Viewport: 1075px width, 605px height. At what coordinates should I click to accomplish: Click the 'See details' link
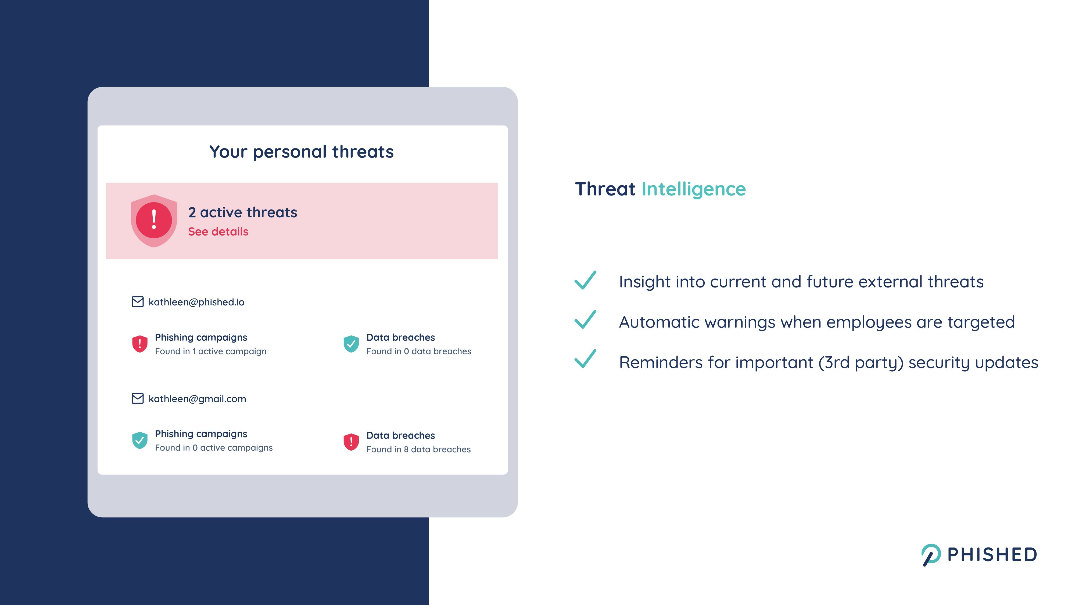(218, 232)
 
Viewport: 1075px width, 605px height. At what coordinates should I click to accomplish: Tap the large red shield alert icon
(154, 220)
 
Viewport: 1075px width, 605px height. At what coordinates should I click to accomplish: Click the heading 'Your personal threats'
(301, 152)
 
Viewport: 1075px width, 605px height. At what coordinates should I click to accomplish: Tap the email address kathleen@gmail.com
(197, 399)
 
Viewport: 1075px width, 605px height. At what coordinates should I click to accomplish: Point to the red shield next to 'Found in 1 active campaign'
(140, 344)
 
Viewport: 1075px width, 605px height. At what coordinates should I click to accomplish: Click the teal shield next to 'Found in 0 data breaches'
(351, 344)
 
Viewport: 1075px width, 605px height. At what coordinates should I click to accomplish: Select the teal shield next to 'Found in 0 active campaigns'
(140, 440)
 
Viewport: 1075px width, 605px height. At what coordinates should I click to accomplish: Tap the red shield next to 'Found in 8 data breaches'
(351, 442)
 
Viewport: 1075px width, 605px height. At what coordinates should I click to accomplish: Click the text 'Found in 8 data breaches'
(418, 449)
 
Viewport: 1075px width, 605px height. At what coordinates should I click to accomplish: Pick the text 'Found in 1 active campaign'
(211, 351)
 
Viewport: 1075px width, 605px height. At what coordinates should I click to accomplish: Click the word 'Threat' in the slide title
(605, 189)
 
